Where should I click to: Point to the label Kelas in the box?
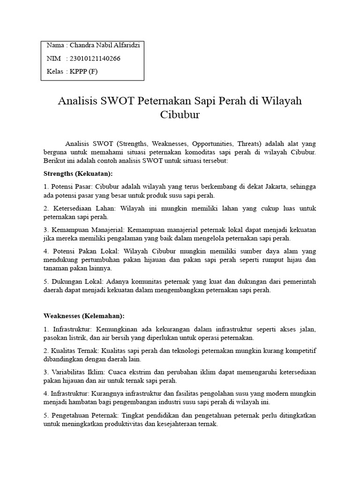pos(56,71)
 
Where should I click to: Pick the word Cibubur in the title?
pos(180,114)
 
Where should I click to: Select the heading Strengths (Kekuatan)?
pos(78,173)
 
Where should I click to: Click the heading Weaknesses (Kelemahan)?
pos(85,315)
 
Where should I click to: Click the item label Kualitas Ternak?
pos(73,351)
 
